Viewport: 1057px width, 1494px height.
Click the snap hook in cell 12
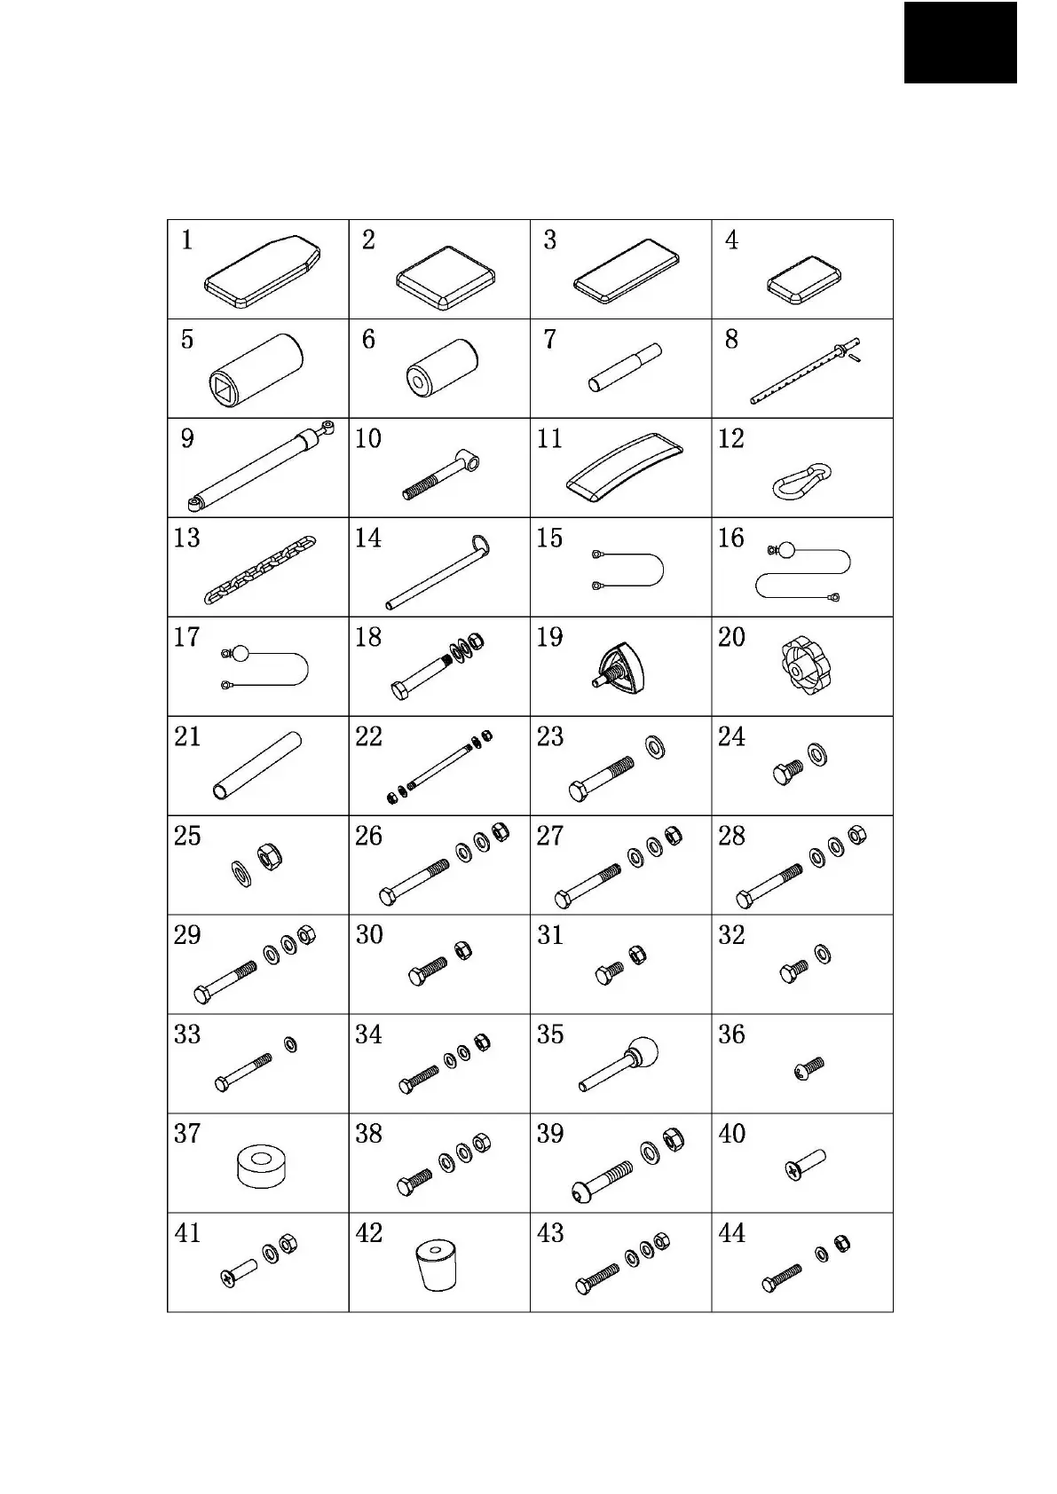tap(802, 480)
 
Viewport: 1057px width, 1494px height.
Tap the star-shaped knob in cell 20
tap(805, 666)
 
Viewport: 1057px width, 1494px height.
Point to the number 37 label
tap(187, 1134)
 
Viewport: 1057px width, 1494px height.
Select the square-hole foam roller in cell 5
tap(257, 369)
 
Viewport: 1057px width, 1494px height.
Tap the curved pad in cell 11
tap(625, 467)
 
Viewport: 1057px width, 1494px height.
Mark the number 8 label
tap(730, 340)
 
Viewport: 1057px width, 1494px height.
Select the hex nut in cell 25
tap(270, 856)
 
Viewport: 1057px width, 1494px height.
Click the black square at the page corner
tap(960, 42)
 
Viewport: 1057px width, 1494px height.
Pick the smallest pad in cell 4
tap(804, 280)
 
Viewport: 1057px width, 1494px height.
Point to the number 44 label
tap(731, 1233)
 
